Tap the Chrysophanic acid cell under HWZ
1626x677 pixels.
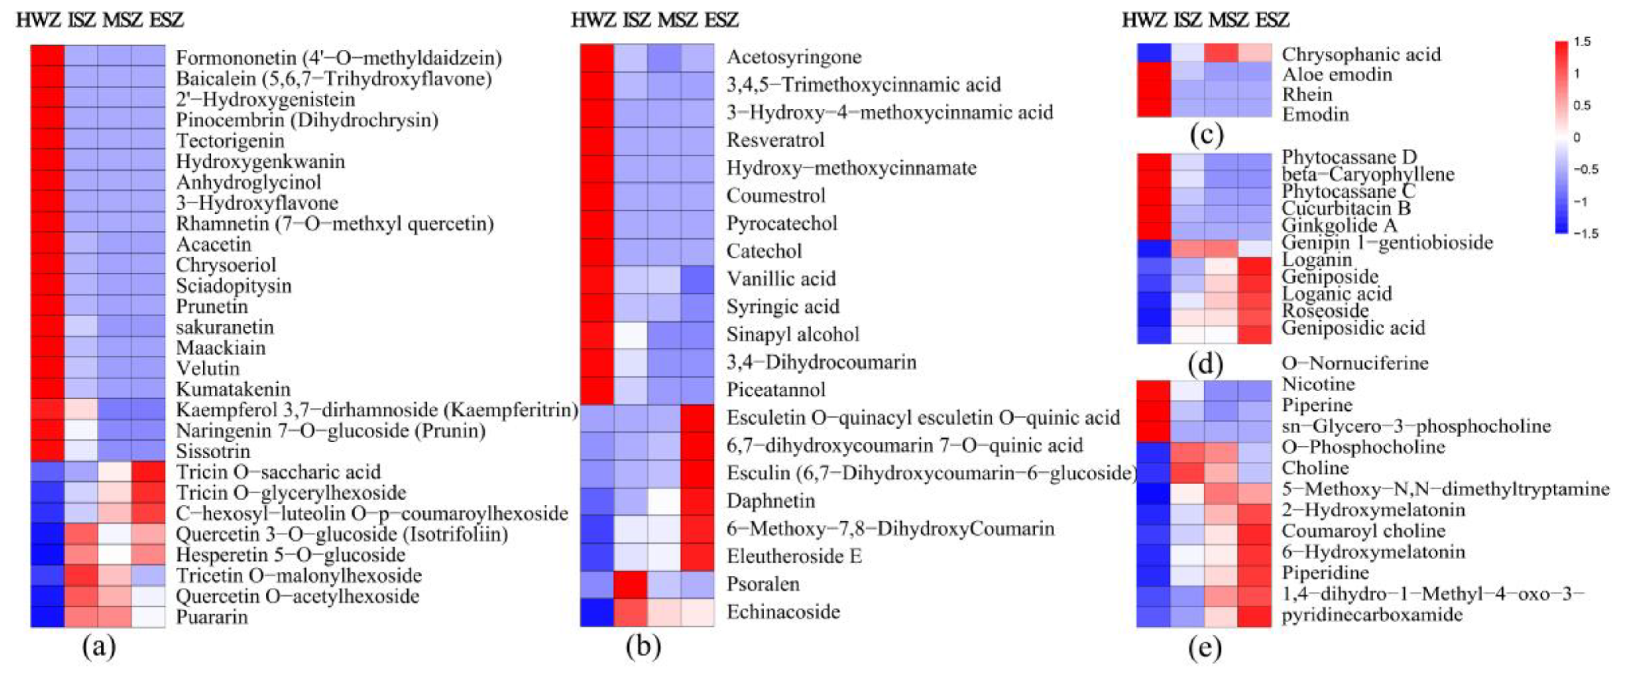[1154, 54]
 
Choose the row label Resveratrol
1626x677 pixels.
[775, 140]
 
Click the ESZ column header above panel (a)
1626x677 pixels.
[166, 20]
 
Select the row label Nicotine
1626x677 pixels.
[1318, 384]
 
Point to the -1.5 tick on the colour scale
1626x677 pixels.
[1585, 233]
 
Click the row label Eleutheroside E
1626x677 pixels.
[794, 556]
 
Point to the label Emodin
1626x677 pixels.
[1315, 115]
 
